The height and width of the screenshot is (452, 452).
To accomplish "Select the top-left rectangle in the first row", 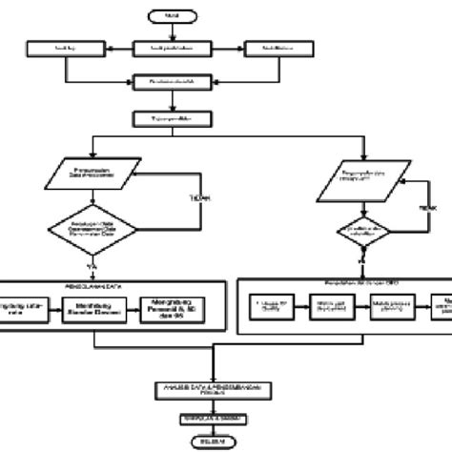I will tap(64, 48).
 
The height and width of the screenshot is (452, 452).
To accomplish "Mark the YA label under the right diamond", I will tap(361, 257).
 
